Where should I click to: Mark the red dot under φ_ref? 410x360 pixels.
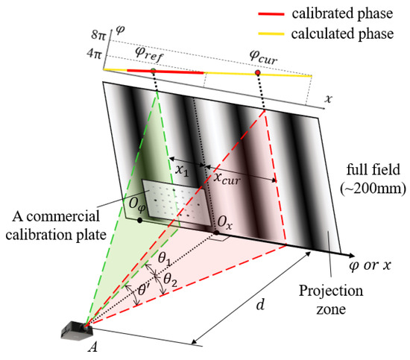[153, 72]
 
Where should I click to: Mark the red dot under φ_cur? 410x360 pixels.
[257, 73]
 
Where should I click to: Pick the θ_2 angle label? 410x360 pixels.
[171, 280]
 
